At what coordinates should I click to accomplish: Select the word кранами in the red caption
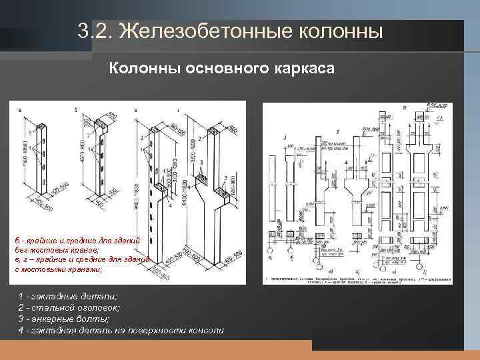tap(79, 270)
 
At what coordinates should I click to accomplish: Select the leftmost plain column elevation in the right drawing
tap(271, 193)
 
